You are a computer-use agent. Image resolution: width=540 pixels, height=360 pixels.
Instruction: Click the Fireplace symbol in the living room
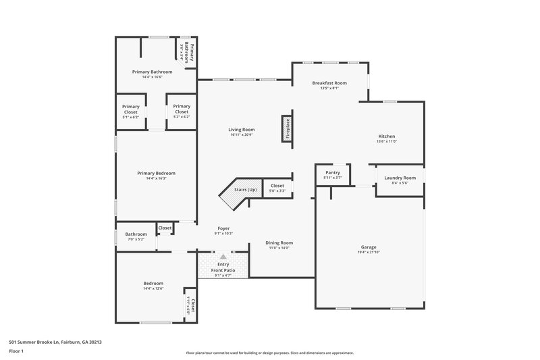tap(286, 128)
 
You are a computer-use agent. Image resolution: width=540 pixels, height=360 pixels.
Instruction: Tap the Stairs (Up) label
tap(245, 190)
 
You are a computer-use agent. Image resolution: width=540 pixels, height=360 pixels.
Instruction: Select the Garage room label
tap(369, 247)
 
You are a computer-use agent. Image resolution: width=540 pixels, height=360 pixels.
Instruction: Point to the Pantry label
tap(333, 172)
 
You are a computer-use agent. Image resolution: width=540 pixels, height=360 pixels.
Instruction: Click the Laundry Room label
tap(400, 178)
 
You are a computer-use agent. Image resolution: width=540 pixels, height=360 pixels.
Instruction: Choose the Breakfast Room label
tap(329, 82)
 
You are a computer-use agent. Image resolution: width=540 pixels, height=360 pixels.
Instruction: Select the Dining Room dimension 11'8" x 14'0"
tap(279, 248)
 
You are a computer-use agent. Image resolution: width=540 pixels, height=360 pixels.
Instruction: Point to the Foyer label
tap(223, 228)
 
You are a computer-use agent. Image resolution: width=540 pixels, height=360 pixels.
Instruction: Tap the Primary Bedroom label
tap(156, 173)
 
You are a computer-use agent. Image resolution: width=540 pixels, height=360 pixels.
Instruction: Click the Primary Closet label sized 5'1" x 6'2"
tap(131, 106)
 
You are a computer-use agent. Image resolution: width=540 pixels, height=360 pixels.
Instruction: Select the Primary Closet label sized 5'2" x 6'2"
tap(182, 106)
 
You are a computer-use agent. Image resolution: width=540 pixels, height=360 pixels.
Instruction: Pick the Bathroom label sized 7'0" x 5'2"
tap(136, 234)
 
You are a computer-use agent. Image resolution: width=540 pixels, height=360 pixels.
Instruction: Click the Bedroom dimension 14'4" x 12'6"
tap(153, 288)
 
